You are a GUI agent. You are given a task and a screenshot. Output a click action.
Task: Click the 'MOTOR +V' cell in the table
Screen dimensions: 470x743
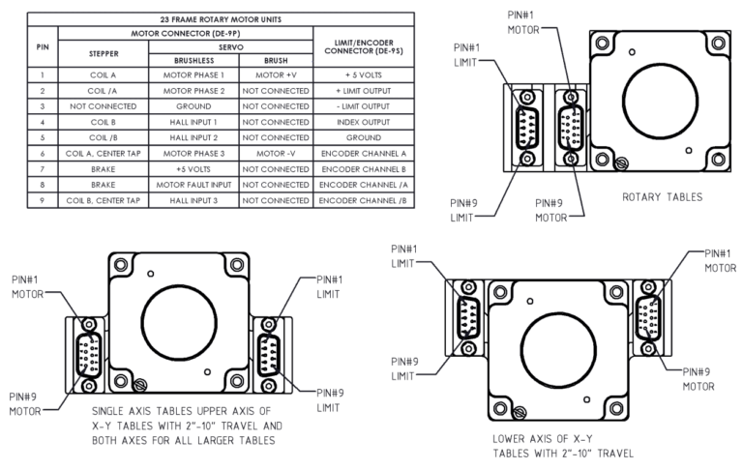tap(275, 73)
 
